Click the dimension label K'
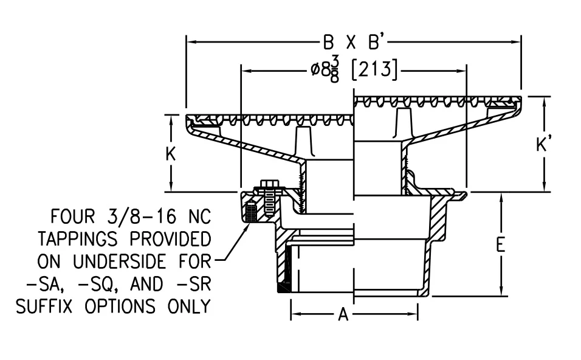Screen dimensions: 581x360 (x=543, y=145)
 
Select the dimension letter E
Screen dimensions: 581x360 (x=501, y=244)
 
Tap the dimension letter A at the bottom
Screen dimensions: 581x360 (x=343, y=315)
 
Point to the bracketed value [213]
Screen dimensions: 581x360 (x=374, y=70)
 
